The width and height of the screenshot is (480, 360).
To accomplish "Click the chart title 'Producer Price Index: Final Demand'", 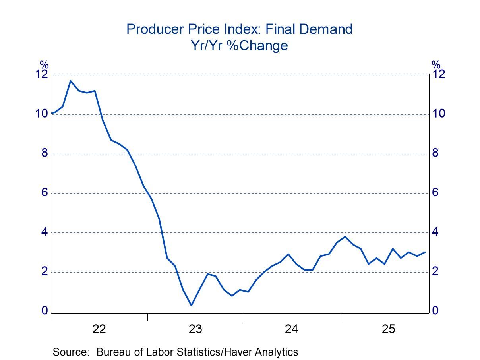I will coord(239,29).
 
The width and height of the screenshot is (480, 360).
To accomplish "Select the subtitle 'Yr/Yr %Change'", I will coord(239,45).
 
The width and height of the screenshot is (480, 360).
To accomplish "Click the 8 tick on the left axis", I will coord(45,153).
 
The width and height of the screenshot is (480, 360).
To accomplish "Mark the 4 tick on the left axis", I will coord(45,232).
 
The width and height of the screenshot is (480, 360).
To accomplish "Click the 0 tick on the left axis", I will coord(45,311).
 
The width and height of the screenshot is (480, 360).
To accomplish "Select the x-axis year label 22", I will coord(99,329).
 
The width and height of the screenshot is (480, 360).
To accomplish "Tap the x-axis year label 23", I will coord(195,329).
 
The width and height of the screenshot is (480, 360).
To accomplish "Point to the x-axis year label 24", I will coord(292,329).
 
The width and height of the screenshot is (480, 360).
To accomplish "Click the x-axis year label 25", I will coord(388,329).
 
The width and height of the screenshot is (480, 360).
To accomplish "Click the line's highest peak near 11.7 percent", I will coord(71,81).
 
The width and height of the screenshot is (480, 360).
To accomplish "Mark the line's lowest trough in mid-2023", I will coord(192,305).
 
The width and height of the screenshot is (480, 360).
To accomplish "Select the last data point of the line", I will coord(425,252).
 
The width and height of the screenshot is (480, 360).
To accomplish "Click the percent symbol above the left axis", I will coord(44,65).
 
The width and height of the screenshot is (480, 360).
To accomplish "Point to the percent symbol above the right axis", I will coord(436,65).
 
